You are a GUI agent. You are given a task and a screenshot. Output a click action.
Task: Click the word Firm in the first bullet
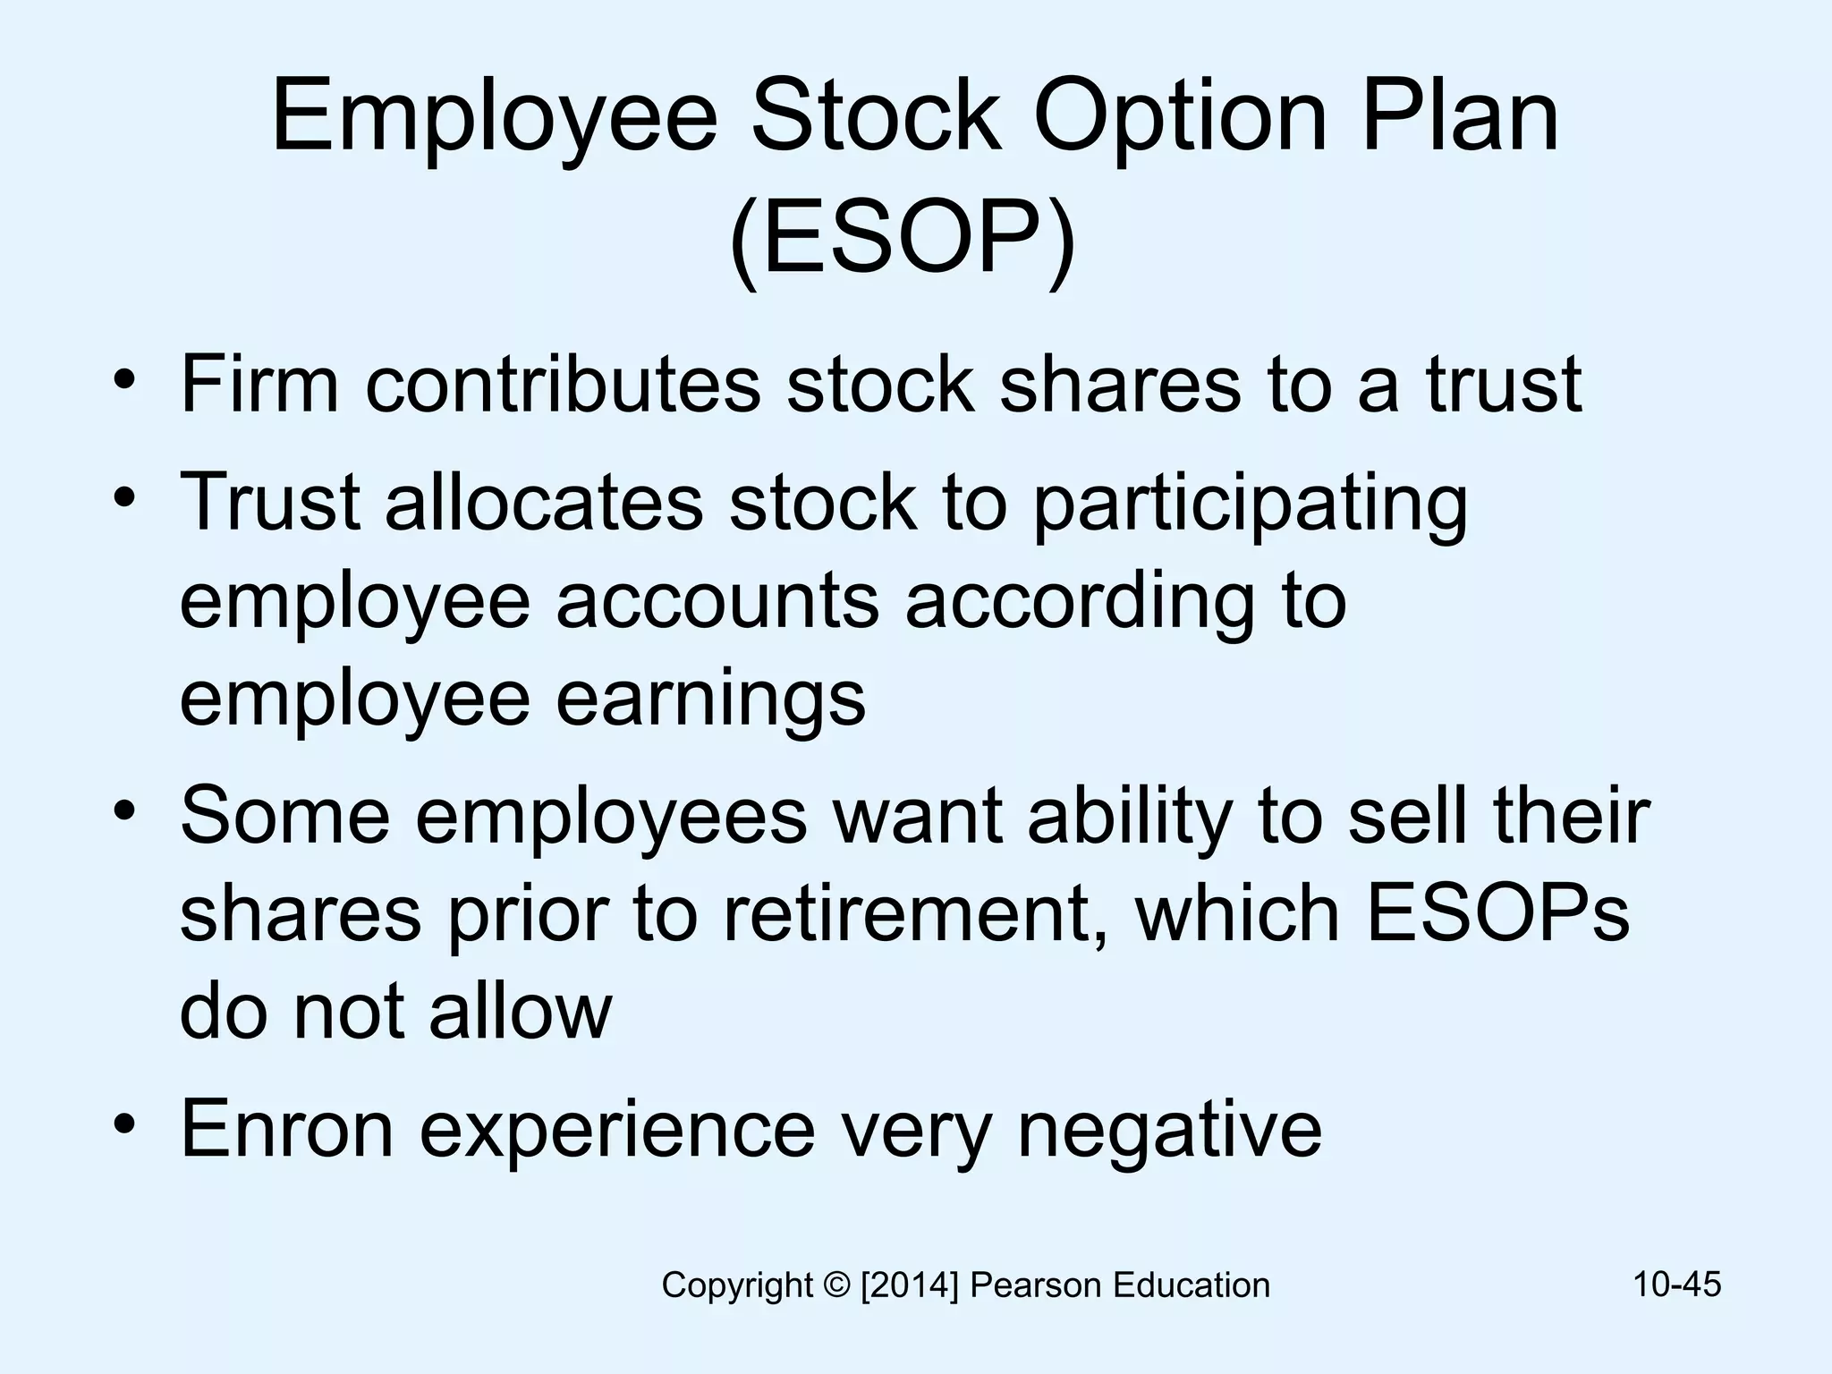coord(259,384)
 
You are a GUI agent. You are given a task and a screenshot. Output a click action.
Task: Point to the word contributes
coord(563,384)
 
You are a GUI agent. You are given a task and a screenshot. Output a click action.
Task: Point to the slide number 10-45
coord(1677,1284)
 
